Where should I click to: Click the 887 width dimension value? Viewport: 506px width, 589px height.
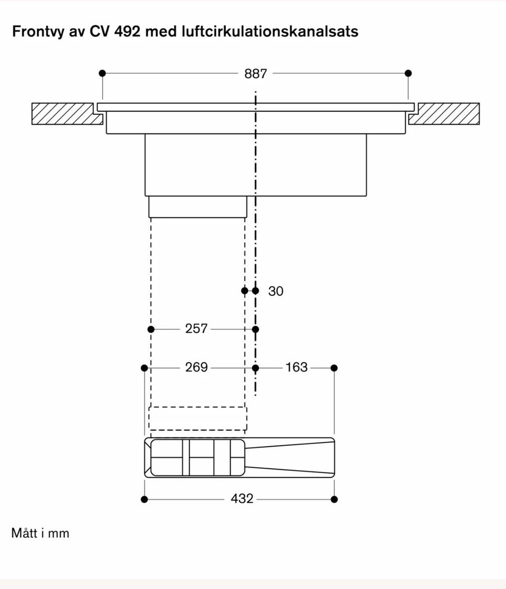tap(256, 74)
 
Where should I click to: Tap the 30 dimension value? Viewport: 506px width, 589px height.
tap(276, 291)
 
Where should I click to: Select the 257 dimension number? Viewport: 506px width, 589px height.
tap(196, 329)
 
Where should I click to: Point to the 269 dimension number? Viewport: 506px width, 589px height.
tap(196, 367)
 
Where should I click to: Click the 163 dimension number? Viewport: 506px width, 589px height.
tap(296, 367)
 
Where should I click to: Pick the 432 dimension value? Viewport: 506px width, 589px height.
tap(242, 498)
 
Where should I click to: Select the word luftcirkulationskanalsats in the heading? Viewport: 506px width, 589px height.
tap(270, 31)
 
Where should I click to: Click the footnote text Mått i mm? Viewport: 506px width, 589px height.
tap(40, 533)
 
